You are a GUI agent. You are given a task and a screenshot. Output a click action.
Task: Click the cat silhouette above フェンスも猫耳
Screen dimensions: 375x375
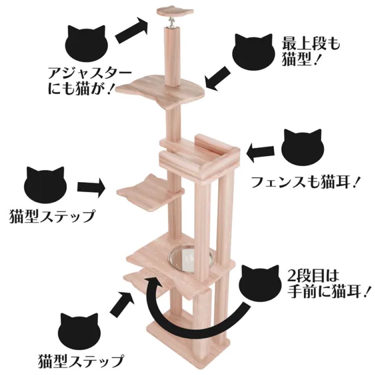[302, 149]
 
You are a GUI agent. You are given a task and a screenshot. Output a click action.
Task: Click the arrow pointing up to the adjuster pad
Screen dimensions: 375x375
[131, 31]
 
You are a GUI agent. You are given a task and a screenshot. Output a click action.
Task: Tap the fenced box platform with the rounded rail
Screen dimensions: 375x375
[200, 158]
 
